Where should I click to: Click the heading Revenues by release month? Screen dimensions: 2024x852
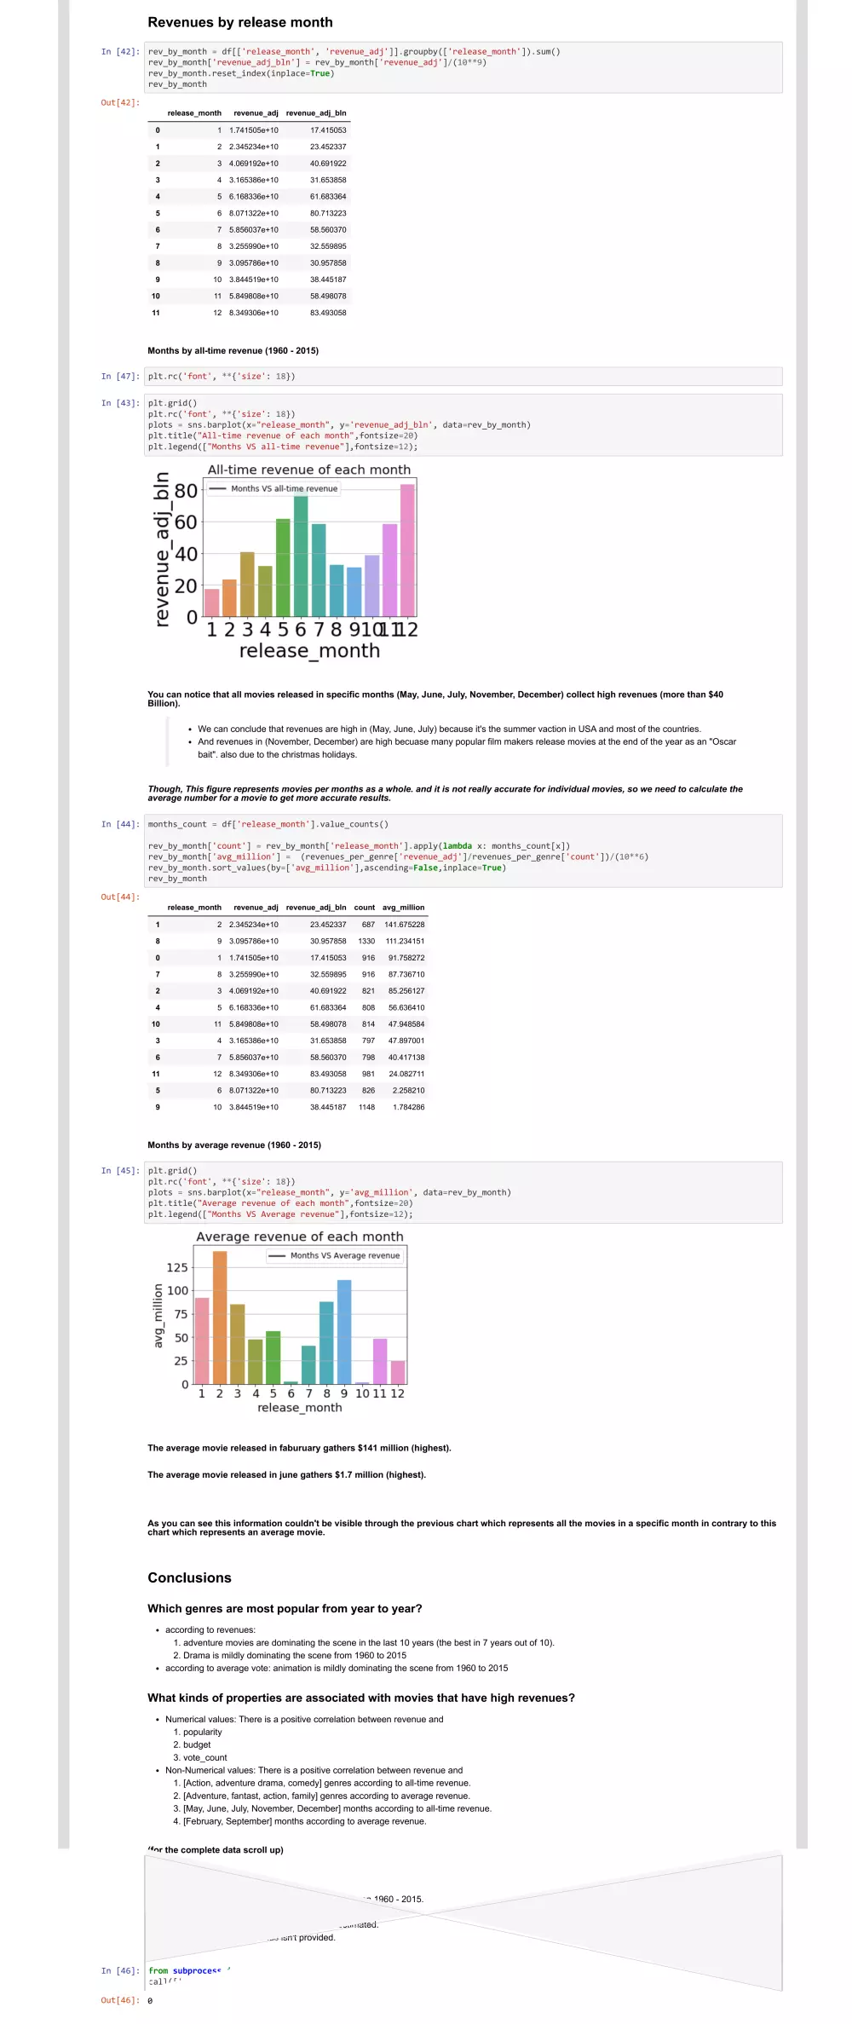pyautogui.click(x=240, y=22)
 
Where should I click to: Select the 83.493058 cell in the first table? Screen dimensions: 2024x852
pyautogui.click(x=328, y=313)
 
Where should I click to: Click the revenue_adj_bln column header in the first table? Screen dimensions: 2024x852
pyautogui.click(x=316, y=112)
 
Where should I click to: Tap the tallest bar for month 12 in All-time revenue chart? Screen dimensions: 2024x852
pyautogui.click(x=407, y=550)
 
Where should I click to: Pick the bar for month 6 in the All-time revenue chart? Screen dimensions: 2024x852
pyautogui.click(x=301, y=556)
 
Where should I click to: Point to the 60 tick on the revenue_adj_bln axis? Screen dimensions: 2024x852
pyautogui.click(x=186, y=522)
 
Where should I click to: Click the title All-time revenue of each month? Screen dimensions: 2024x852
pyautogui.click(x=309, y=470)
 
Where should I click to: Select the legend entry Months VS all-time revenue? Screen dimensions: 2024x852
pyautogui.click(x=284, y=488)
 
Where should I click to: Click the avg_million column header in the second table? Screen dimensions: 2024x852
pyautogui.click(x=403, y=908)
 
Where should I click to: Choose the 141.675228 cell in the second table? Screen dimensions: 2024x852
pyautogui.click(x=404, y=925)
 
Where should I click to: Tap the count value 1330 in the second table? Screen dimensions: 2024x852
pyautogui.click(x=366, y=941)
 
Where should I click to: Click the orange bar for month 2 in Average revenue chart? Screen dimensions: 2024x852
pyautogui.click(x=220, y=1318)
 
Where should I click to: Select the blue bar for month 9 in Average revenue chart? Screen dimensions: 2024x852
pyautogui.click(x=344, y=1331)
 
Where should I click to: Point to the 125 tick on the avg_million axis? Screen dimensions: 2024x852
pyautogui.click(x=177, y=1267)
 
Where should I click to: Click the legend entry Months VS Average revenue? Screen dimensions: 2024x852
pyautogui.click(x=344, y=1255)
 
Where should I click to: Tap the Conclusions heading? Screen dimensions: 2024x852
pyautogui.click(x=189, y=1578)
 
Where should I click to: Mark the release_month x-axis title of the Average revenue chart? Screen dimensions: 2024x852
pyautogui.click(x=300, y=1407)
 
